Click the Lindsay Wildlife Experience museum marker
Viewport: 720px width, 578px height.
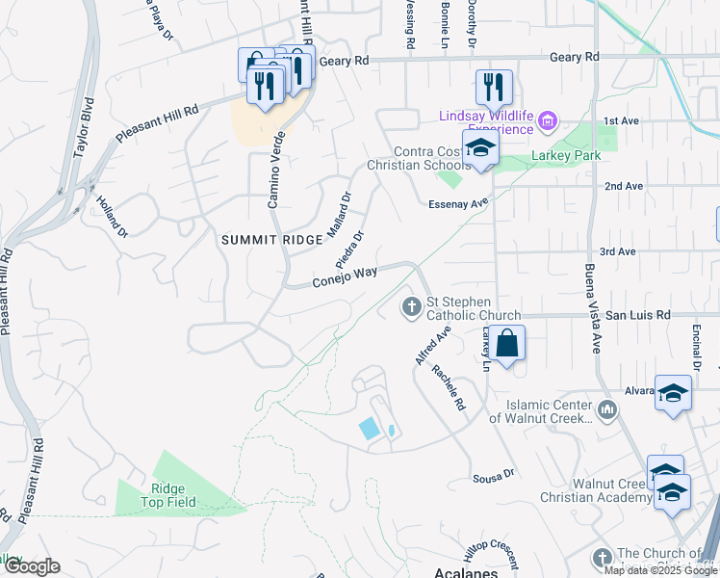548,121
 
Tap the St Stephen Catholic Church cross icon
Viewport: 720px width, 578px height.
410,307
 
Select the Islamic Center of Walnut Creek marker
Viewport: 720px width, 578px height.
606,410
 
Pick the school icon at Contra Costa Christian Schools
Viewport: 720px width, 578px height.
479,148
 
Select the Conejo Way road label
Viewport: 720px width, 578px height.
344,277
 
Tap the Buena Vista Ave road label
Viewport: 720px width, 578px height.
591,308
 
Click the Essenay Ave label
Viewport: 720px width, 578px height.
459,203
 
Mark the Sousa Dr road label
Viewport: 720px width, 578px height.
494,476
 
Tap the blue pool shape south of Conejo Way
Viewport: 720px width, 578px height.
369,429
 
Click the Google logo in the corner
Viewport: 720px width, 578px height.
31,566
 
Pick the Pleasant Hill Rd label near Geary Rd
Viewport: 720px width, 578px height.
157,124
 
